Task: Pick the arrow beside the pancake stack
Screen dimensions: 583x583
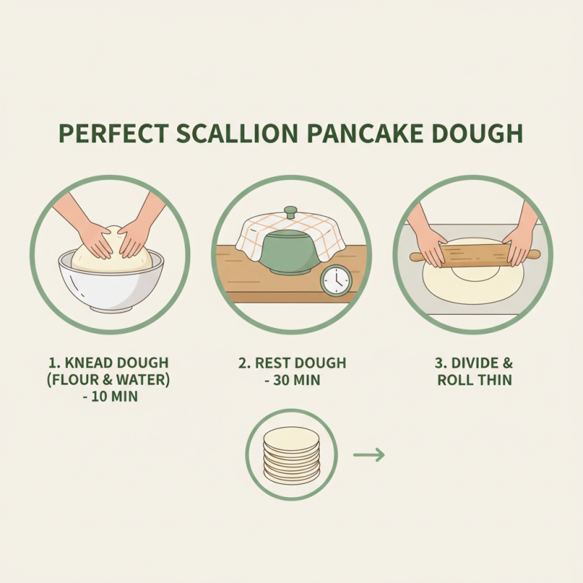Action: tap(368, 455)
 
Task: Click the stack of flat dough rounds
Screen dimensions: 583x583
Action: tap(291, 455)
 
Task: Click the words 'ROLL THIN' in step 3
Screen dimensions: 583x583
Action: tap(474, 380)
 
